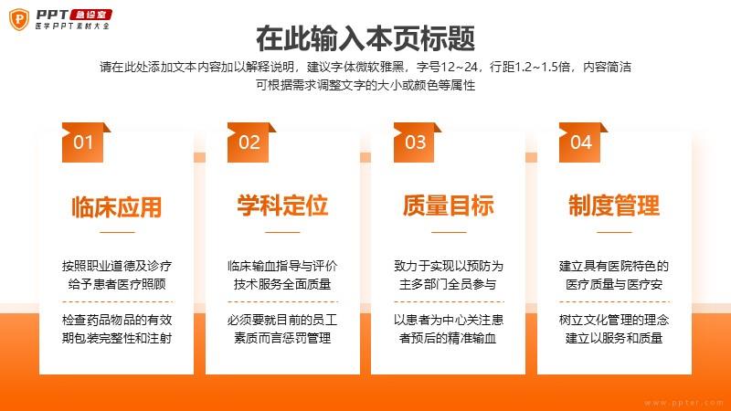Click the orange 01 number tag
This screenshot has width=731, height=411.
84,142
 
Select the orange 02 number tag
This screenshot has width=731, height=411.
249,142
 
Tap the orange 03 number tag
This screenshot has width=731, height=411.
416,142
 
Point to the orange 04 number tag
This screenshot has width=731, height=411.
581,142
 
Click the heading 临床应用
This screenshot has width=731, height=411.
117,207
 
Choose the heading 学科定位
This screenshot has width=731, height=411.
282,205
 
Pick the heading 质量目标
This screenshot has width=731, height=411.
449,205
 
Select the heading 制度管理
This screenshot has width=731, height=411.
614,205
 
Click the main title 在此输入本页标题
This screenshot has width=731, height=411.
365,38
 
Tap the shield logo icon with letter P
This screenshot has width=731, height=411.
19,19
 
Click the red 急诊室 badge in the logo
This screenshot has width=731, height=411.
90,15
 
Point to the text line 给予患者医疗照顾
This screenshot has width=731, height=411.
117,284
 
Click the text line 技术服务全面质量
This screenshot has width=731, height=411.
282,284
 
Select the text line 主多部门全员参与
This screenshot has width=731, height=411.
448,284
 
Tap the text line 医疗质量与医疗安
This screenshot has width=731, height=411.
614,284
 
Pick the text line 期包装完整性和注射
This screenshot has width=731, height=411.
117,338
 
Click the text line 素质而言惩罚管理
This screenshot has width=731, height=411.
282,338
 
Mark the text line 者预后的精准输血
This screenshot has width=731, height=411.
448,338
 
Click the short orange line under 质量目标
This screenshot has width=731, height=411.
449,232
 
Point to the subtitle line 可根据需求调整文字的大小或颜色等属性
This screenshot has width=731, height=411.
365,85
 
